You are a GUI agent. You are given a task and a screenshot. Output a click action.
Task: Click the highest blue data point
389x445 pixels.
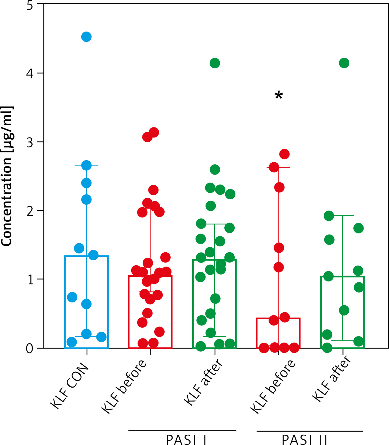point(86,37)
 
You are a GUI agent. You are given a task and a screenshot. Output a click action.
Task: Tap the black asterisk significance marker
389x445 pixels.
point(279,96)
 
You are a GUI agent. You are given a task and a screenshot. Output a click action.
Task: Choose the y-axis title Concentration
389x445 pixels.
point(7,176)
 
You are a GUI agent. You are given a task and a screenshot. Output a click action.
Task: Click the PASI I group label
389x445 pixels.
point(186,440)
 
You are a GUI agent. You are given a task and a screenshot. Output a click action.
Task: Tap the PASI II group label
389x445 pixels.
point(304,440)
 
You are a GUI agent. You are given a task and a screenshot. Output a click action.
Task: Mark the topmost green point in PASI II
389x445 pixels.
point(344,63)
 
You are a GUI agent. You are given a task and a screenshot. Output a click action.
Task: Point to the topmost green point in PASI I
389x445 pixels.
point(215,63)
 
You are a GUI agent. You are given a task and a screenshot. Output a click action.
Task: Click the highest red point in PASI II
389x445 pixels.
point(284,154)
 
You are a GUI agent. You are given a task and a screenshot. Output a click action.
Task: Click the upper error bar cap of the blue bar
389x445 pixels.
point(86,166)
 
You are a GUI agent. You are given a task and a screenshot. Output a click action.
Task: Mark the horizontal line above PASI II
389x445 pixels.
point(310,431)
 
